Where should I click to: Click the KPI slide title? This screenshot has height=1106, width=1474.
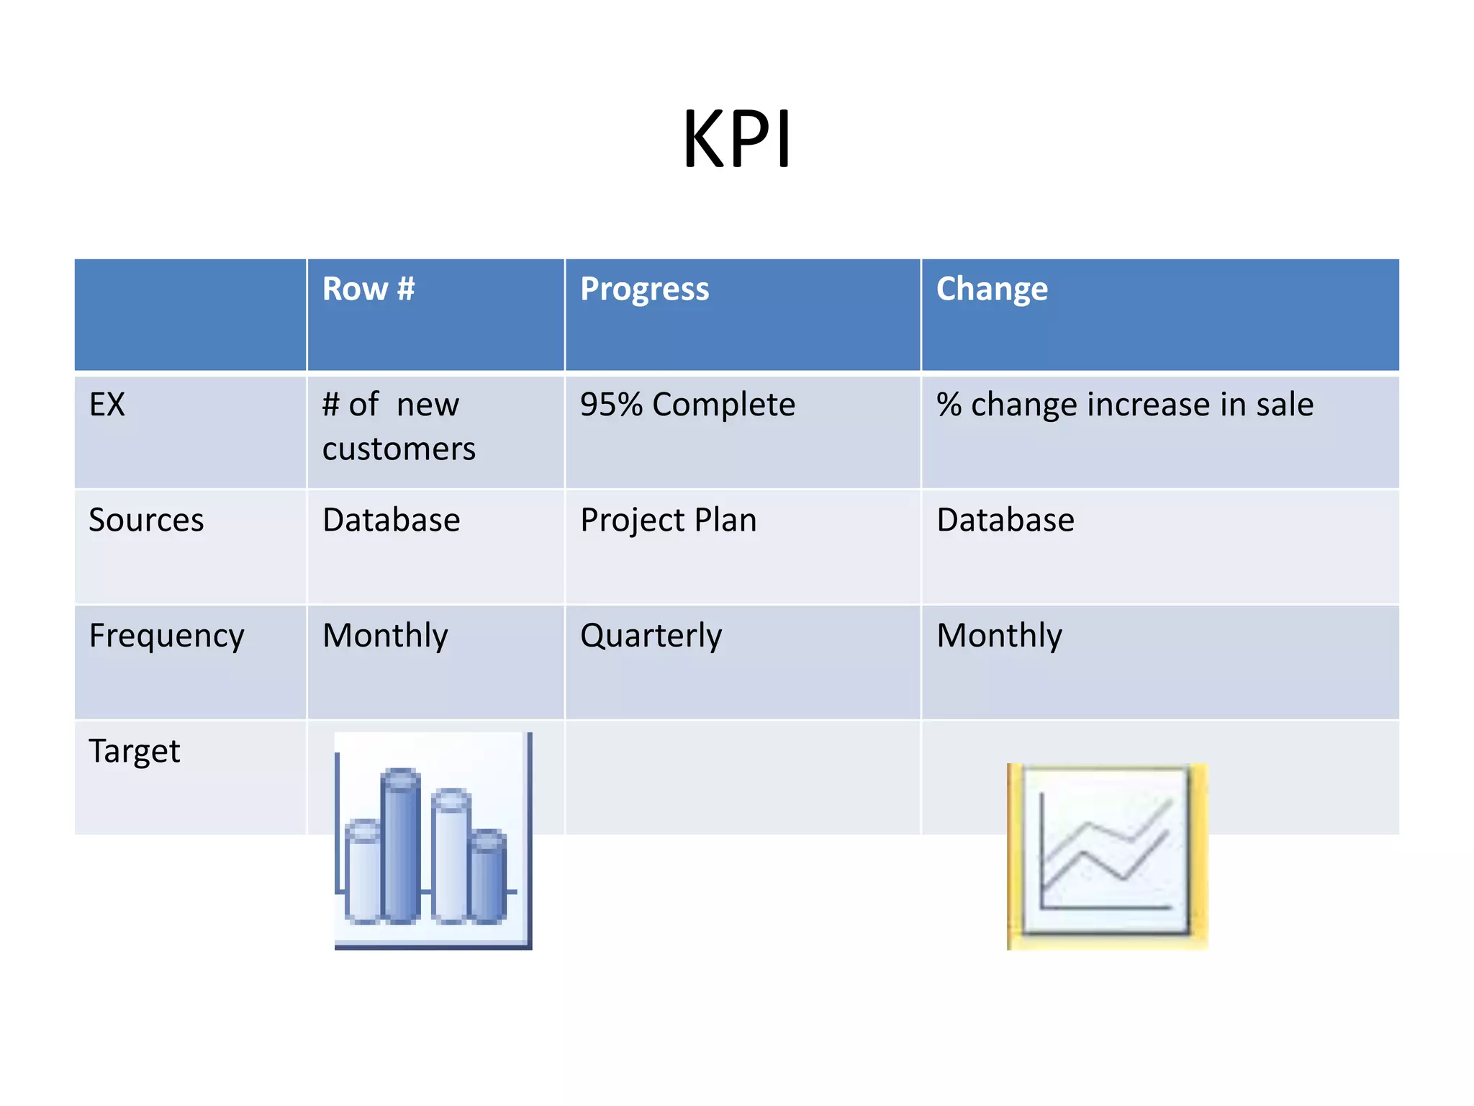(x=736, y=139)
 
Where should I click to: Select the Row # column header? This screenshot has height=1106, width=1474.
(x=368, y=289)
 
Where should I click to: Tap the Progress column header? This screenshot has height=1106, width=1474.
(x=644, y=289)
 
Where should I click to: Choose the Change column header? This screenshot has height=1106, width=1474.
(x=991, y=289)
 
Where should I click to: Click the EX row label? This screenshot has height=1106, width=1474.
(x=107, y=405)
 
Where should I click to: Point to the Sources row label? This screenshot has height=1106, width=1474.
(x=146, y=520)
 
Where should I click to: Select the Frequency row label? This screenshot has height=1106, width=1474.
(x=166, y=636)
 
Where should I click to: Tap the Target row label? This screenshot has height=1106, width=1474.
(x=135, y=751)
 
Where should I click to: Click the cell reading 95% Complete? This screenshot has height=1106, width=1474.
(x=687, y=405)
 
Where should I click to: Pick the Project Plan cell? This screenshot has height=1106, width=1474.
(x=668, y=520)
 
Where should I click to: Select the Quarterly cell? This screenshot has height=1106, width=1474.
(x=651, y=636)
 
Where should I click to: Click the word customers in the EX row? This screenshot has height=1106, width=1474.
(x=399, y=449)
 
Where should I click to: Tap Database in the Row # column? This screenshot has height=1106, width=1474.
(x=391, y=520)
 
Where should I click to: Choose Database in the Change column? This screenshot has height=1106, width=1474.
(x=1005, y=520)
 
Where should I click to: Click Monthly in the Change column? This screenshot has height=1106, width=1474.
(x=999, y=636)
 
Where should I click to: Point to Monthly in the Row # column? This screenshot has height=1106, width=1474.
(x=385, y=636)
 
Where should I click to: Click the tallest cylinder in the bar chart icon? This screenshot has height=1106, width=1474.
(x=400, y=846)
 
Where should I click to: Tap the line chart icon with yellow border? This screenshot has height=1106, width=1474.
(x=1107, y=856)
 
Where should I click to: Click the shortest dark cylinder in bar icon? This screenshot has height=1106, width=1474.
(x=488, y=877)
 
